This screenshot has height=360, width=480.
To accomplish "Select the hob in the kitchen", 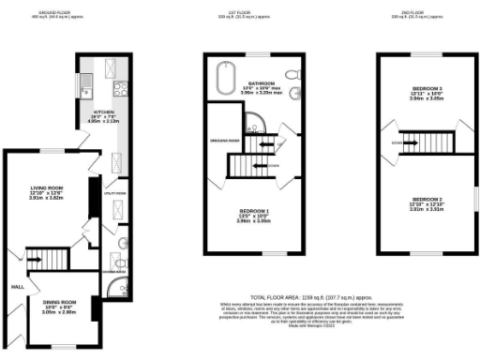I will click(x=121, y=89).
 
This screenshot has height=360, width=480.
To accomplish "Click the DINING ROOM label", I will click(x=59, y=302).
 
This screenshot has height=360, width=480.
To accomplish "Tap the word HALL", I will click(x=16, y=286).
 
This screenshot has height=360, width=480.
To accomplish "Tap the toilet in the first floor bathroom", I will click(x=293, y=75).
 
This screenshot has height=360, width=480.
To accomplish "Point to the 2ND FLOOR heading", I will click(x=426, y=13).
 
